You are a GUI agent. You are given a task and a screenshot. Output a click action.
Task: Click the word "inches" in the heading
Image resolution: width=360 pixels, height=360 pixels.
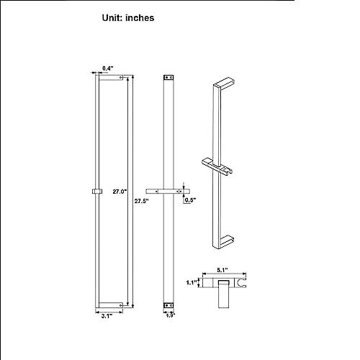pyautogui.click(x=140, y=18)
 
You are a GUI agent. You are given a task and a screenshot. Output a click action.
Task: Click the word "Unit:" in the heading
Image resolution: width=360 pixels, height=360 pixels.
pyautogui.click(x=112, y=18)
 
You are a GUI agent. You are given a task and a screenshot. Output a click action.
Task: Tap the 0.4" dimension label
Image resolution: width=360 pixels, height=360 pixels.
pyautogui.click(x=107, y=68)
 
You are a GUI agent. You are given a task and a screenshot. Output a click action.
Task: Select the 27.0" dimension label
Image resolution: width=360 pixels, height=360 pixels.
pyautogui.click(x=120, y=192)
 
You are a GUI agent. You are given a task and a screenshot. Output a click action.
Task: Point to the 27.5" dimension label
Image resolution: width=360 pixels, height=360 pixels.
pyautogui.click(x=141, y=201)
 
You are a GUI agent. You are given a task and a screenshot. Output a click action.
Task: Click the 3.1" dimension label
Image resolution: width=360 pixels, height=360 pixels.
pyautogui.click(x=107, y=316)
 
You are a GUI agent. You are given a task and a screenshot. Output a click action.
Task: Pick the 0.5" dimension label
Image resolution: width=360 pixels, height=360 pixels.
pyautogui.click(x=190, y=200)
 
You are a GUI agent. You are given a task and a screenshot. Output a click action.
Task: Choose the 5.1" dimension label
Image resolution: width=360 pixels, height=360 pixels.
pyautogui.click(x=222, y=270)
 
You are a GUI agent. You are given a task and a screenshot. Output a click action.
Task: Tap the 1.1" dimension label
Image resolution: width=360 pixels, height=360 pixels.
pyautogui.click(x=192, y=282)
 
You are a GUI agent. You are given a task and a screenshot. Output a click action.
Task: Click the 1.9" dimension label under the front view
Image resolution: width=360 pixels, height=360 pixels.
pyautogui.click(x=171, y=315)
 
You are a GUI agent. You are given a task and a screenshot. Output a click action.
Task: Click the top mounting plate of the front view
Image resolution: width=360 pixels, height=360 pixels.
pyautogui.click(x=168, y=77)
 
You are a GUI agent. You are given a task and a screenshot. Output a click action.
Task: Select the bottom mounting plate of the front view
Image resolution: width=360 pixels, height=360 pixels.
pyautogui.click(x=168, y=305)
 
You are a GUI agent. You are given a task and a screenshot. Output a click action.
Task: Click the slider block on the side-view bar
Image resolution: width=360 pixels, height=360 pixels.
pyautogui.click(x=97, y=192)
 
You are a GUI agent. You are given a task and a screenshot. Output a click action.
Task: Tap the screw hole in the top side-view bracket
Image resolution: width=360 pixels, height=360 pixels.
pyautogui.click(x=121, y=78)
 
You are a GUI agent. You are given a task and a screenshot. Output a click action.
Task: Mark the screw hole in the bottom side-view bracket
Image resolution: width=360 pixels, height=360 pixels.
pyautogui.click(x=121, y=305)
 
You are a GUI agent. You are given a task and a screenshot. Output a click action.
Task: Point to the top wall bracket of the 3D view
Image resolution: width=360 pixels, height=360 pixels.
pyautogui.click(x=224, y=83)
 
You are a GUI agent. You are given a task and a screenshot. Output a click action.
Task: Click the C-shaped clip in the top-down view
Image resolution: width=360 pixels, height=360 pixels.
pyautogui.click(x=241, y=283)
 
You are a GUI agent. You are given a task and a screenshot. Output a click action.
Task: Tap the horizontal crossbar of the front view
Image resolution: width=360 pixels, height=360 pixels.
pyautogui.click(x=168, y=192)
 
